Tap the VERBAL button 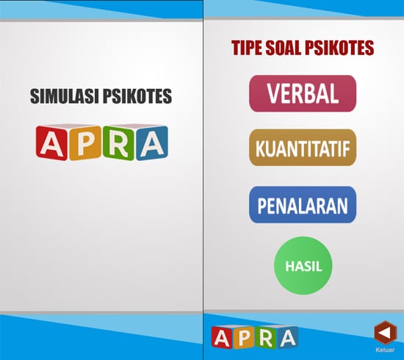pos(303,93)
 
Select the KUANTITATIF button pos(303,148)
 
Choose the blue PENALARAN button pos(303,205)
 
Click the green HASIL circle pos(303,266)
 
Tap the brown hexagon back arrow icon pos(384,333)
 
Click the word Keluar pos(385,350)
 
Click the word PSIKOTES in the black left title pos(137,96)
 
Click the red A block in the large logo pos(52,143)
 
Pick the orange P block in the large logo pos(85,143)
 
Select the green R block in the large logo pos(119,143)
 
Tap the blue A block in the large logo pos(152,143)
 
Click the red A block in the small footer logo pos(222,337)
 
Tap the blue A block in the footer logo pos(287,337)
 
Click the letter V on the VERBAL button pos(274,93)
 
